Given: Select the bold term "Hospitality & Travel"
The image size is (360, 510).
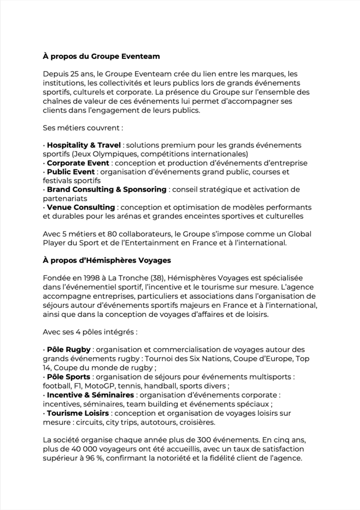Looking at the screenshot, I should (x=84, y=145).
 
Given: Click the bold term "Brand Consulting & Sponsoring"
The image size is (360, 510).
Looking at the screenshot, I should (x=107, y=190).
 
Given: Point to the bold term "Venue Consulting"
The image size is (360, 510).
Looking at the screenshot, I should (x=81, y=207).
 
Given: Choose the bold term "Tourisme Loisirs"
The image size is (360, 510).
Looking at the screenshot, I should (x=78, y=413).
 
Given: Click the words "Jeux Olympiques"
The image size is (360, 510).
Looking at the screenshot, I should (x=100, y=154).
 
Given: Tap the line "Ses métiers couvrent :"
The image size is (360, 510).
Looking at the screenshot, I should (x=82, y=128).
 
